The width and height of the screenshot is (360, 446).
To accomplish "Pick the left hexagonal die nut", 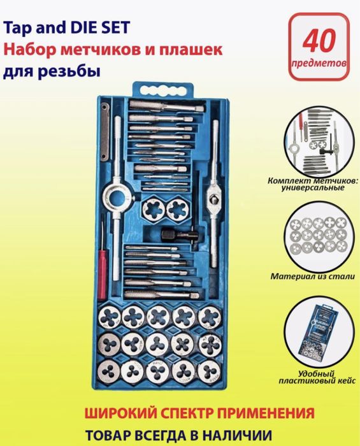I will (154, 208).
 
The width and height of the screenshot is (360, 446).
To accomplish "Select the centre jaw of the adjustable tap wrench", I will (213, 191).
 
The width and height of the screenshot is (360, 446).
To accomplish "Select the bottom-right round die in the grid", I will (210, 371).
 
